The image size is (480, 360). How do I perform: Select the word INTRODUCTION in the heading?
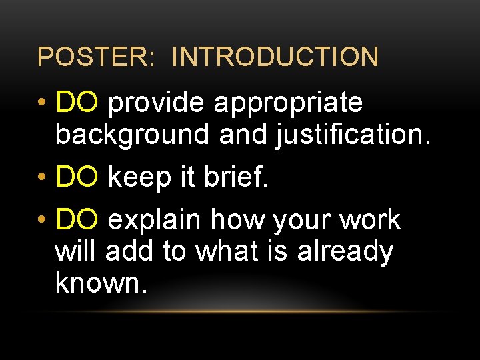(x=275, y=57)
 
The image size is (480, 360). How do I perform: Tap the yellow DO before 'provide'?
(x=78, y=103)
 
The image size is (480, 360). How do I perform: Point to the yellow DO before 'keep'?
(x=78, y=178)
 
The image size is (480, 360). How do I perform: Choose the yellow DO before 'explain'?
(x=78, y=220)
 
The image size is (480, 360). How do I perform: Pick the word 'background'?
(x=133, y=135)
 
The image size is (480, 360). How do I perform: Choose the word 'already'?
(x=345, y=253)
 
